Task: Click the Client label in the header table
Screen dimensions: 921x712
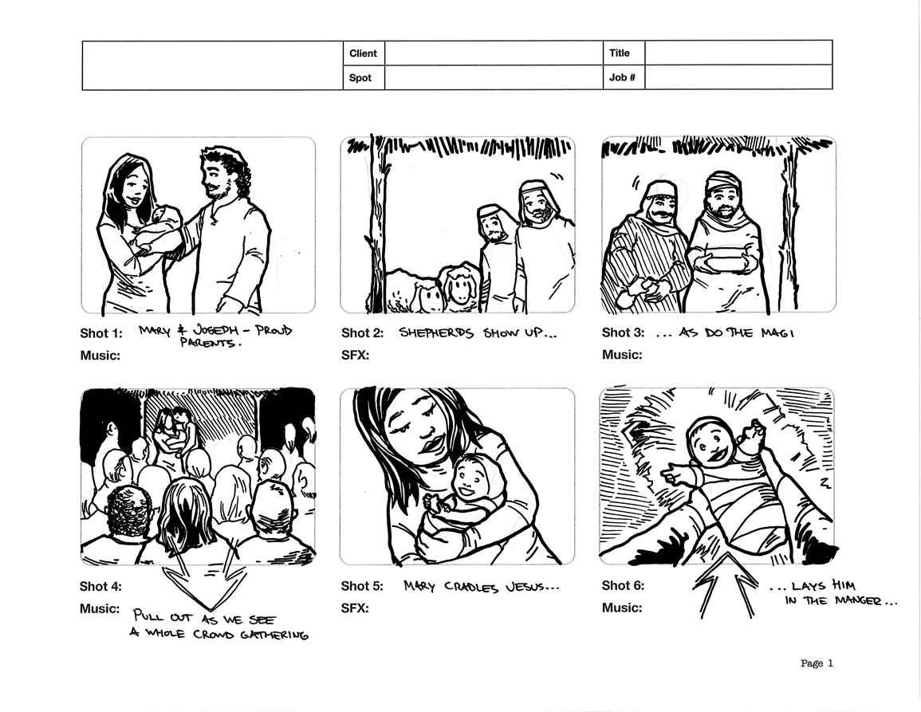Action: [363, 53]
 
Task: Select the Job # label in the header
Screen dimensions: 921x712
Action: [622, 77]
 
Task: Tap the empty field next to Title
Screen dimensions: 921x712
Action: [738, 53]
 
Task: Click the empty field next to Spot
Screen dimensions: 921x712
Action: [494, 77]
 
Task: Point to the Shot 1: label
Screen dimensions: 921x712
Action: [101, 333]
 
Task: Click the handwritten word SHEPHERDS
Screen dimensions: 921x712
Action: [436, 333]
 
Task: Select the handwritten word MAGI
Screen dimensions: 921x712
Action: [777, 333]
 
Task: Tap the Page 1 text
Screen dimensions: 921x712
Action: [817, 663]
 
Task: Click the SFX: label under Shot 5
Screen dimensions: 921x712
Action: [355, 608]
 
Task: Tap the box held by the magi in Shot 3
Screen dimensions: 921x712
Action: [726, 262]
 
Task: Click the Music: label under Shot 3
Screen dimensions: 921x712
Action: [622, 355]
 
